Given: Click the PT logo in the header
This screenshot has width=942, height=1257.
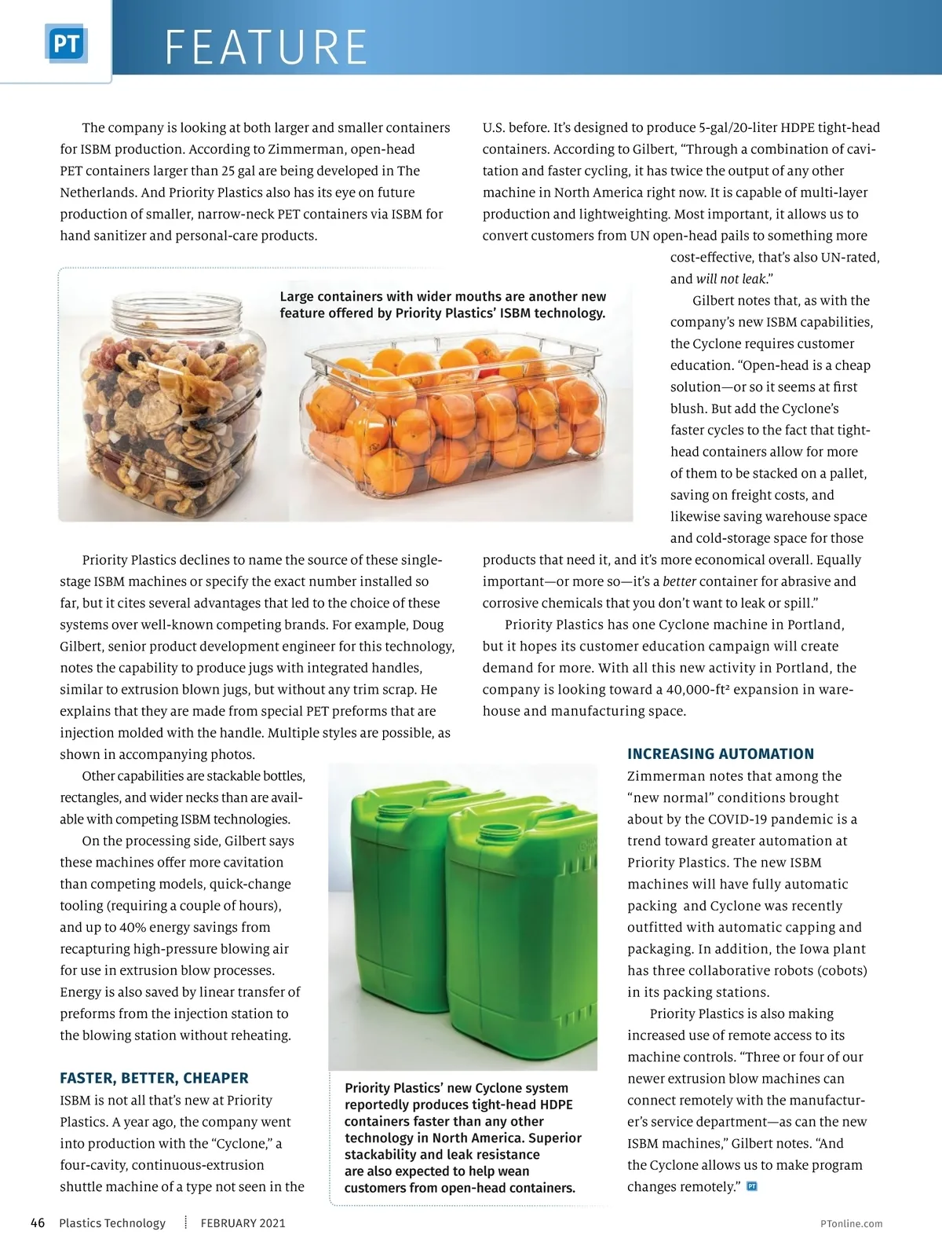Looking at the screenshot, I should click(x=66, y=45).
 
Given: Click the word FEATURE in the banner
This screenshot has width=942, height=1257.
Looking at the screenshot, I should click(x=266, y=47).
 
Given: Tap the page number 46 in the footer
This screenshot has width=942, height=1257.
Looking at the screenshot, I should click(x=38, y=1222).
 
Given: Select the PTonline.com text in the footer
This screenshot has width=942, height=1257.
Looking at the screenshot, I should click(x=851, y=1223).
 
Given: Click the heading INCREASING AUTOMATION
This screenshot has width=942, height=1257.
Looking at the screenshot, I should click(x=720, y=754).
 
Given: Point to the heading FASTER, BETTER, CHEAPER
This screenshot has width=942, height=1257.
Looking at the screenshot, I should click(x=154, y=1078).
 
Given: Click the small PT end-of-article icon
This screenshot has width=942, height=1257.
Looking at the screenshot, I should click(x=752, y=1186).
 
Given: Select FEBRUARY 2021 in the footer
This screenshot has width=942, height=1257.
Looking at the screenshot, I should click(x=243, y=1223).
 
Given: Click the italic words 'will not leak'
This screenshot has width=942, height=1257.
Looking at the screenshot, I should click(x=731, y=279).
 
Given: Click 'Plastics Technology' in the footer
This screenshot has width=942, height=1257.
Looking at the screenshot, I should click(x=112, y=1223).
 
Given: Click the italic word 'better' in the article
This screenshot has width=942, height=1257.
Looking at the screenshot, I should click(x=679, y=581).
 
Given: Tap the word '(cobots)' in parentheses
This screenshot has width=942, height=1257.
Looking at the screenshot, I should click(x=842, y=970).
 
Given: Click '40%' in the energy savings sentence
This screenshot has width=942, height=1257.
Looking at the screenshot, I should click(x=133, y=927).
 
